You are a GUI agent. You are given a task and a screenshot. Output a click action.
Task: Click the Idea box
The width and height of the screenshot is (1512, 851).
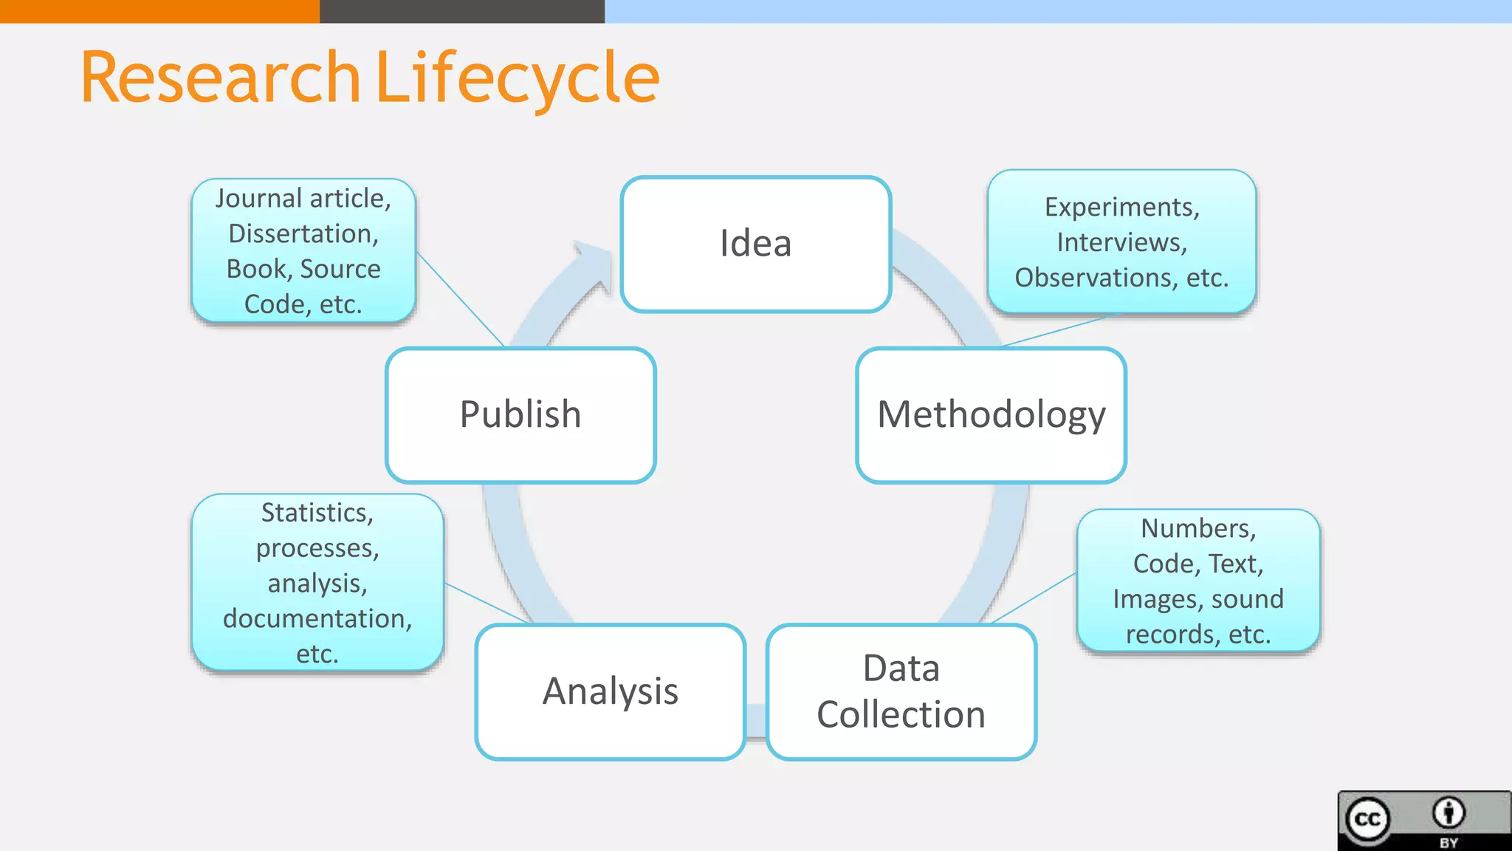(x=756, y=244)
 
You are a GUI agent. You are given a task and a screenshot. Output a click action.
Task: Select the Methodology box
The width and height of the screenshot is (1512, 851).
(x=991, y=414)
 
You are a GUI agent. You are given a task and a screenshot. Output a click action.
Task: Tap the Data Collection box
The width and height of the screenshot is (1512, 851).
(x=901, y=691)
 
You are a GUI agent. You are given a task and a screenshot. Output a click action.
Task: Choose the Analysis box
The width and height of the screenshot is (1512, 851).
(x=611, y=691)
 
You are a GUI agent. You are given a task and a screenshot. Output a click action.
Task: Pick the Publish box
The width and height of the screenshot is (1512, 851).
(x=520, y=414)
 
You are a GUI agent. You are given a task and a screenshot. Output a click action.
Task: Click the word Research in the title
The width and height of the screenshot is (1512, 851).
(x=220, y=78)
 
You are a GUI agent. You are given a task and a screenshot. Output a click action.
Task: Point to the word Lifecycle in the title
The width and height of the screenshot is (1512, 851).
(x=518, y=78)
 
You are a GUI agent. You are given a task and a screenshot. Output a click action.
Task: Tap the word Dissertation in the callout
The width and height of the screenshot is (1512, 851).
(x=303, y=234)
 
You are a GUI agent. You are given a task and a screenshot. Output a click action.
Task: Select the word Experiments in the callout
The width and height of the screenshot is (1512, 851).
(x=1121, y=208)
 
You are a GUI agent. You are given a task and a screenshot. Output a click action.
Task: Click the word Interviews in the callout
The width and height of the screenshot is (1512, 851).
(x=1121, y=242)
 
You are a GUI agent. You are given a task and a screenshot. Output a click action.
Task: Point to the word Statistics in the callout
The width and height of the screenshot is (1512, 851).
(x=317, y=513)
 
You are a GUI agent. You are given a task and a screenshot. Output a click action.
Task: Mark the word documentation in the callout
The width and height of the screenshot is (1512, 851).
(x=317, y=618)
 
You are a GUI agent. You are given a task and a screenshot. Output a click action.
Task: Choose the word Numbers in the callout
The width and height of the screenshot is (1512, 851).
(x=1197, y=529)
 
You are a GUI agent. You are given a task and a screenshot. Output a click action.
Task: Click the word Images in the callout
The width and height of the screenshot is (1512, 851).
(x=1148, y=599)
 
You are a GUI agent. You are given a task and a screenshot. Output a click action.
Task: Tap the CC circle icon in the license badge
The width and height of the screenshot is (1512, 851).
(x=1367, y=819)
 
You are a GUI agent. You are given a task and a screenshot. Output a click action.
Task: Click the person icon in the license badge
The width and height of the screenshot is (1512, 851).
(x=1449, y=813)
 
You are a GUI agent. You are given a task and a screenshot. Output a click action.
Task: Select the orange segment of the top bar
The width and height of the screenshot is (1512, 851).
(x=159, y=11)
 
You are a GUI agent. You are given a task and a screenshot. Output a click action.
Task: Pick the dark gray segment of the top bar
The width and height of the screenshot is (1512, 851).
(x=462, y=11)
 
